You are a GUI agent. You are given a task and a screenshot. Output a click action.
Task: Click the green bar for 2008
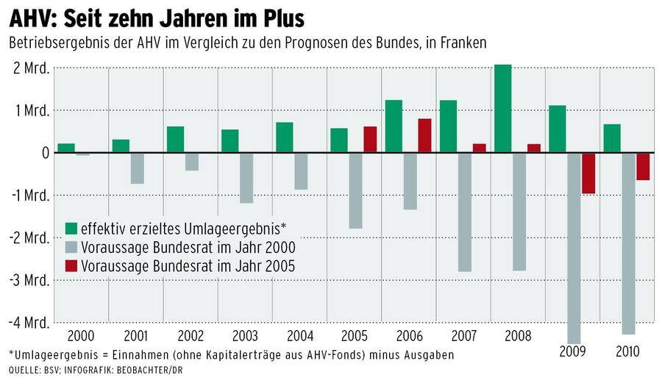click(503, 109)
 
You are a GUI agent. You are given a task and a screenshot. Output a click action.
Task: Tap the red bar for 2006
click(424, 135)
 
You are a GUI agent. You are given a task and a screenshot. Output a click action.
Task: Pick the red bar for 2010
click(643, 166)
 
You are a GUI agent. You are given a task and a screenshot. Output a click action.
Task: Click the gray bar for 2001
click(138, 168)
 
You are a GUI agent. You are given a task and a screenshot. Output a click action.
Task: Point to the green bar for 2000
click(66, 148)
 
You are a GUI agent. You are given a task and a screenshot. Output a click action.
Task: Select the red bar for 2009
click(588, 173)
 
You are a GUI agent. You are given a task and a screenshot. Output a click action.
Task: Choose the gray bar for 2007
click(465, 212)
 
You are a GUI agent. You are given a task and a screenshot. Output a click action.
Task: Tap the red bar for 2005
click(370, 140)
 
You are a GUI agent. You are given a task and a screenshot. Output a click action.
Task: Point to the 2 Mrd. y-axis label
click(30, 68)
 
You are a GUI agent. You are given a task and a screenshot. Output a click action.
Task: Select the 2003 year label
click(245, 336)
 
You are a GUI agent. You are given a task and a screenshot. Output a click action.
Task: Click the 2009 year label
click(573, 351)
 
